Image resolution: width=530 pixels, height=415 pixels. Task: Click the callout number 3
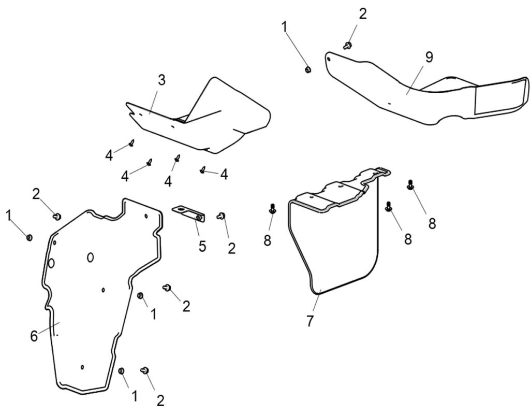coord(161,80)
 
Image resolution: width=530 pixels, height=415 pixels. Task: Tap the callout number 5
coord(202,246)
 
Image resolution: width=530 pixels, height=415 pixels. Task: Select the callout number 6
coord(34,336)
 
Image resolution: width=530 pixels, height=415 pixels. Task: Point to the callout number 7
coord(310,321)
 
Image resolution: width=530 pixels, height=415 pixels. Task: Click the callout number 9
coord(429,57)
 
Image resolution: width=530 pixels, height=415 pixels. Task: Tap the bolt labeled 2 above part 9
coord(348,46)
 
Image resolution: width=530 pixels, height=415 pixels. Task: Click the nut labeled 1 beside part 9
coord(307,69)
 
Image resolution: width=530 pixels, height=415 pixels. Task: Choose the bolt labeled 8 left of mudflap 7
coord(272,209)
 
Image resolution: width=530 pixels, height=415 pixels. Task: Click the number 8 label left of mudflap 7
coord(267,240)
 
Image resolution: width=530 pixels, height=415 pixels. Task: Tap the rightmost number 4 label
coord(224,175)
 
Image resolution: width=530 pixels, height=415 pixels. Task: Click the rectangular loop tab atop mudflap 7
coord(383,170)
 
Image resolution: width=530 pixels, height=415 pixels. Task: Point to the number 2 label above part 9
coord(362,15)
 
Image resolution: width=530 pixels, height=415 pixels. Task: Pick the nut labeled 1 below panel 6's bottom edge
coord(122,370)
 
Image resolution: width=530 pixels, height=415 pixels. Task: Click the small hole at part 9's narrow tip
coord(330,59)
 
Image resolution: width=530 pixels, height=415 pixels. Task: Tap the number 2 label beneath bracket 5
coord(231,248)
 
